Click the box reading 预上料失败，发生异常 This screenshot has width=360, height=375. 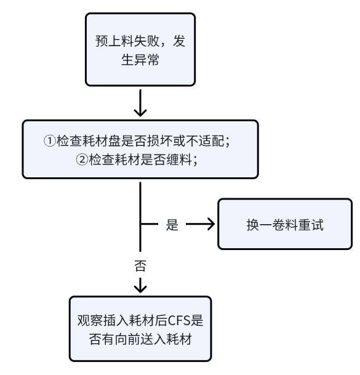point(140,49)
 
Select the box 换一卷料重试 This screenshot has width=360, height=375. point(285,224)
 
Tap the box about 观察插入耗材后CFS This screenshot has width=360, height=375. point(140,329)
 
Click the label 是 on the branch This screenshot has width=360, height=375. point(172,225)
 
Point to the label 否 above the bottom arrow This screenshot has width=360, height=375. point(140,265)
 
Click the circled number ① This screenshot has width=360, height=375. point(50,140)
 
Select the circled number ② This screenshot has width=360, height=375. point(82,159)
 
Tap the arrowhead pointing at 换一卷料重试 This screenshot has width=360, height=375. point(211,224)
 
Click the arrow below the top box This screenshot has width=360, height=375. point(140,103)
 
